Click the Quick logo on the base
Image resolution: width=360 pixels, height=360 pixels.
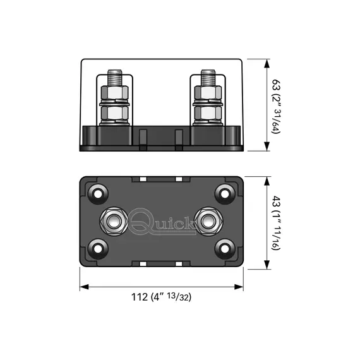162,222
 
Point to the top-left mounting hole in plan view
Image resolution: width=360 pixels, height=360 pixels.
98,194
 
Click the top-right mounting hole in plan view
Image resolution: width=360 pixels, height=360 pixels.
225,194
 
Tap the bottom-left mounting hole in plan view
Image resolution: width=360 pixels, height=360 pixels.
98,249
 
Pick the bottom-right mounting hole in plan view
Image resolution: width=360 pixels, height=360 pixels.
225,249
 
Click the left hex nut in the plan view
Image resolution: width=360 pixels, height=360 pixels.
114,222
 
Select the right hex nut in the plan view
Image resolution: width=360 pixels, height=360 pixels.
208,222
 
